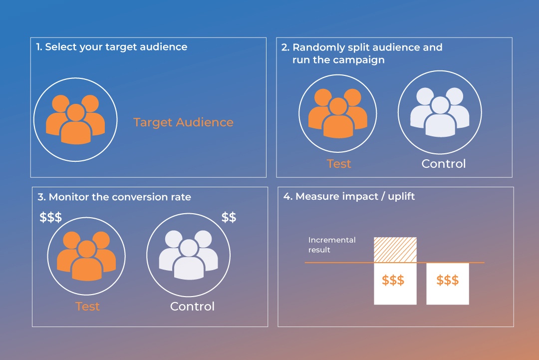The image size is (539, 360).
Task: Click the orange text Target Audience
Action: (x=183, y=122)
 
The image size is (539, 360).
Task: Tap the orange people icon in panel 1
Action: (x=75, y=119)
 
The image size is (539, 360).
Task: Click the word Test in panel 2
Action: (x=338, y=164)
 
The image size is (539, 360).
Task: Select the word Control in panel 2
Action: (x=444, y=164)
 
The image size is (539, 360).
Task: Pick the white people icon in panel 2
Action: (x=440, y=112)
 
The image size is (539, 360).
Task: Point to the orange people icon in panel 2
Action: (x=337, y=113)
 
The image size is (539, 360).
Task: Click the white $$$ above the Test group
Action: (x=50, y=217)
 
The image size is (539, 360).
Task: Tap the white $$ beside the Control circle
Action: (x=229, y=217)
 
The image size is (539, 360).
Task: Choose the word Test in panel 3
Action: (x=87, y=307)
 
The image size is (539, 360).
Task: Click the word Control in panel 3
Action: (x=192, y=307)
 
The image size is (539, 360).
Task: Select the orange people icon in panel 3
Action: (x=86, y=256)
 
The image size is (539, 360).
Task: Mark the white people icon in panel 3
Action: (x=188, y=255)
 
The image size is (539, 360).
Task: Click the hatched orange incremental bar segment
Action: (x=395, y=250)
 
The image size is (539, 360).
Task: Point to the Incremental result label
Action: (x=332, y=245)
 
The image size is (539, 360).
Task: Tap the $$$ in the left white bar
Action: (x=393, y=280)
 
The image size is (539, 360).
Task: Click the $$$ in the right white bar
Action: (x=448, y=280)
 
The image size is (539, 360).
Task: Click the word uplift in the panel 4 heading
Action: (x=401, y=197)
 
